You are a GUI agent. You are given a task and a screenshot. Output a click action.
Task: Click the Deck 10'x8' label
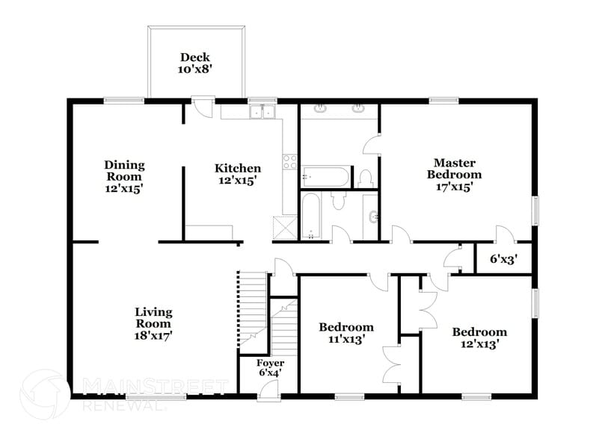pos(194,63)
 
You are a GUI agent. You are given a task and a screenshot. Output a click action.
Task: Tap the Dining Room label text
pos(124,177)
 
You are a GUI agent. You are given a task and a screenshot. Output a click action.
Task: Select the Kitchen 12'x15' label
pos(238,174)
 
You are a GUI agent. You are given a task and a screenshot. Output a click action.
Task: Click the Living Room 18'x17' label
pos(153,323)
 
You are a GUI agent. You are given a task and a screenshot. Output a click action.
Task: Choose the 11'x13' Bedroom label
pos(346,333)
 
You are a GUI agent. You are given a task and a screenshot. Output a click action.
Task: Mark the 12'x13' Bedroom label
pos(479,337)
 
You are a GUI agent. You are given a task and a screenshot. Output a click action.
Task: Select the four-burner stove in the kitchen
pos(289,162)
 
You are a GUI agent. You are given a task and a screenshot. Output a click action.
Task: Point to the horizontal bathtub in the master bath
pos(325,178)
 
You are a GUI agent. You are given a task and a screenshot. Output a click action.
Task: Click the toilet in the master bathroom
pos(366,178)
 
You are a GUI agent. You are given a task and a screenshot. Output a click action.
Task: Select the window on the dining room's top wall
pos(124,100)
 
